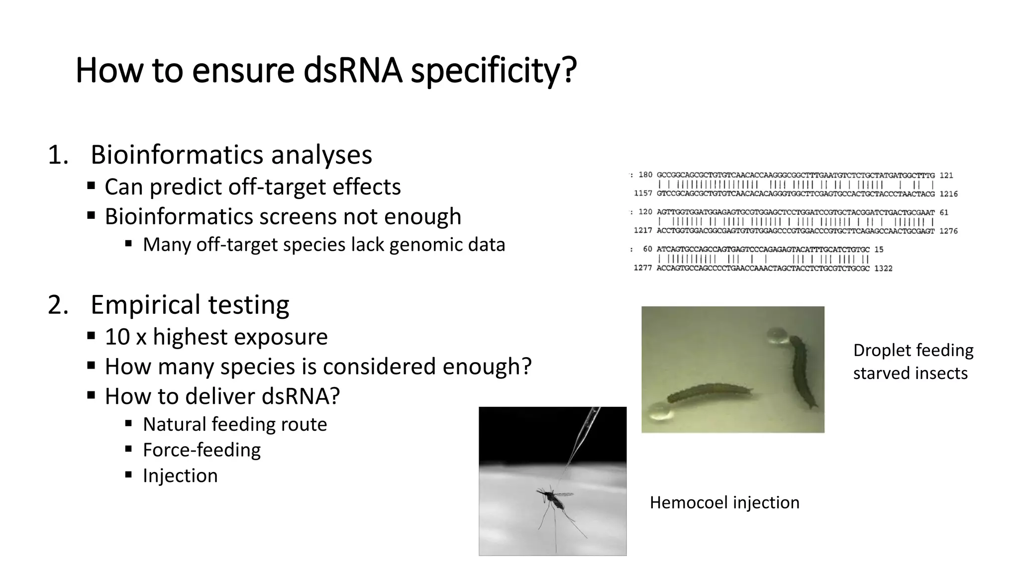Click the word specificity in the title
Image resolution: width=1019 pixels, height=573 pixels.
[x=494, y=71]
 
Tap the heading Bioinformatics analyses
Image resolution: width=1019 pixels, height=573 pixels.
[x=231, y=155]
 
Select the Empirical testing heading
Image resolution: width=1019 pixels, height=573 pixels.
[x=190, y=304]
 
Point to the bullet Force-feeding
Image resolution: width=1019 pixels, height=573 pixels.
[x=202, y=450]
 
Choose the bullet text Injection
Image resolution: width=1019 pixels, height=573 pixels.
[x=180, y=476]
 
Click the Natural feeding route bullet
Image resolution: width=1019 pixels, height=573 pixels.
[x=235, y=424]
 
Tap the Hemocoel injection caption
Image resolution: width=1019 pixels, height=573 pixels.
[x=724, y=502]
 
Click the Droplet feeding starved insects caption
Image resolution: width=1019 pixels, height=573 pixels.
[x=913, y=362]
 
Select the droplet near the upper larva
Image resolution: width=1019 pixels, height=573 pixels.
[x=777, y=336]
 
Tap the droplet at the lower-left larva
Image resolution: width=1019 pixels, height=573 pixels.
[x=659, y=410]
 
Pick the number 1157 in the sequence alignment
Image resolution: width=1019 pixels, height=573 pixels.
[x=643, y=193]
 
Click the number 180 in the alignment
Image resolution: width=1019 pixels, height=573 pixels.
[x=645, y=175]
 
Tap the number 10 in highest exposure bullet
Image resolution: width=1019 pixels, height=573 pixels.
[x=117, y=337]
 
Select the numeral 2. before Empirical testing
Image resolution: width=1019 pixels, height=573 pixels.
[x=58, y=304]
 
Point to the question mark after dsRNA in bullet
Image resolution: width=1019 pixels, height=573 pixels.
[x=334, y=396]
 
